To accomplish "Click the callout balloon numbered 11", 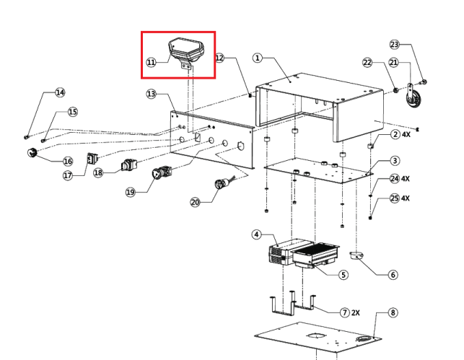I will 151,63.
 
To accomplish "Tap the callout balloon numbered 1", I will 258,58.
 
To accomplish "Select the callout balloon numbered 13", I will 151,95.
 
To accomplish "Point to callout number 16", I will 68,162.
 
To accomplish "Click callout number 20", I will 195,203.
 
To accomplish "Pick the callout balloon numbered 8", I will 393,313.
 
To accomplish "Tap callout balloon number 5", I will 343,275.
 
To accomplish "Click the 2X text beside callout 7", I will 356,312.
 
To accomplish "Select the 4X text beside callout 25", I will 405,198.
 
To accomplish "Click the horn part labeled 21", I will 413,100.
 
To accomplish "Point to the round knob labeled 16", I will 33,152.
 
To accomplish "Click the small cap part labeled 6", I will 356,255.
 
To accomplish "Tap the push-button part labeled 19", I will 160,174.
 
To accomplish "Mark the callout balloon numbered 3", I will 395,161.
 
